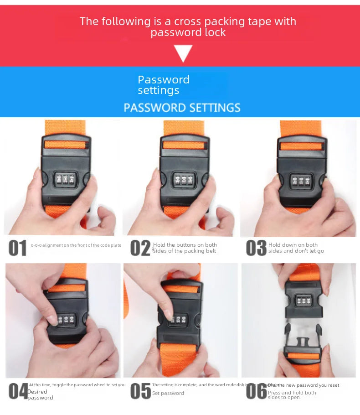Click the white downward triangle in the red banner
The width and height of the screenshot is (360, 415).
183,52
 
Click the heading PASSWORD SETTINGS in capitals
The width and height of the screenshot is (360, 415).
182,108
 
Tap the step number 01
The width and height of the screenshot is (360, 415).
18,248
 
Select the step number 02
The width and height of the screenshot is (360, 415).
140,248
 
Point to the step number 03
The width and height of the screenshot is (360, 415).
256,248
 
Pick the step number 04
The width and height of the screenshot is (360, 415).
18,391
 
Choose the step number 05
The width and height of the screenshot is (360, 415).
140,391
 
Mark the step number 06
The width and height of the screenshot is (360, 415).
256,391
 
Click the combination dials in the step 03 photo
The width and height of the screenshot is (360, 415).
301,181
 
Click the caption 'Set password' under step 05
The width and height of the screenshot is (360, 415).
168,393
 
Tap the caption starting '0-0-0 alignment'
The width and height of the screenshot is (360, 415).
76,245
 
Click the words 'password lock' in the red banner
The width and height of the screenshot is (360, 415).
188,32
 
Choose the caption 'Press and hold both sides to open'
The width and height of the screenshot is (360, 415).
292,395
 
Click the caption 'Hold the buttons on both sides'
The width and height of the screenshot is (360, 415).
185,248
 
